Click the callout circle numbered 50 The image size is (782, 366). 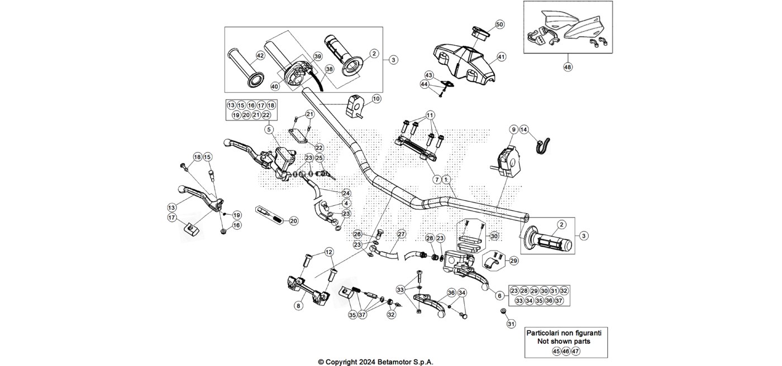500,25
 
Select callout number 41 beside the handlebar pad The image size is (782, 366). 502,57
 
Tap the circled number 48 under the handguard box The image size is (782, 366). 568,66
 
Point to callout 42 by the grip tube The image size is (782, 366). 260,56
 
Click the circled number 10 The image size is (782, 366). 376,99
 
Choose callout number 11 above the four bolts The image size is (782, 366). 430,115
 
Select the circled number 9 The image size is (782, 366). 513,130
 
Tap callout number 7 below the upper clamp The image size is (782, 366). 437,180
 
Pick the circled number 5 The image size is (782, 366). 269,129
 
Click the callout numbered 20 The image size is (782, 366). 294,221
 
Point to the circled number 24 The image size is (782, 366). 346,193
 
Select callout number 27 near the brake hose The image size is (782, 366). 402,234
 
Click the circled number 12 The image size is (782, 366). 329,252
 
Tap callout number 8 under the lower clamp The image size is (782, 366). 298,306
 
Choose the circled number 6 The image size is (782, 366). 499,296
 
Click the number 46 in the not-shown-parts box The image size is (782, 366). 566,351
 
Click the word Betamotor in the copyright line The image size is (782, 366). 393,362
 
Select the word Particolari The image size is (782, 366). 546,333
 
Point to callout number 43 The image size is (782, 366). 429,75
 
